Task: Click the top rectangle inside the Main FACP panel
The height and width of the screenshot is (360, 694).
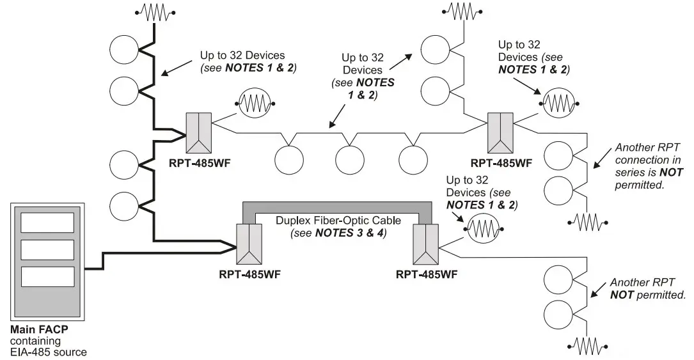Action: click(x=48, y=223)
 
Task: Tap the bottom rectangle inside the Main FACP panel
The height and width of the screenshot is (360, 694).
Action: click(x=48, y=276)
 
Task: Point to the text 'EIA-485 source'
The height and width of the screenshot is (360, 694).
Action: click(x=49, y=351)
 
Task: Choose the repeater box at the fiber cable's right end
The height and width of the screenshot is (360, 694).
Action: click(x=426, y=244)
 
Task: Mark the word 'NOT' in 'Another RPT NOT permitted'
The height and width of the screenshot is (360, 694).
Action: click(x=622, y=295)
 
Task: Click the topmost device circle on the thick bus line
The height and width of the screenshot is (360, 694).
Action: click(x=124, y=49)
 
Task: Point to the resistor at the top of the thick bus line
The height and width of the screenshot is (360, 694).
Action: click(x=154, y=12)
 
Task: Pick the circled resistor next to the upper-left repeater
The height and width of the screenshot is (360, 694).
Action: click(x=255, y=102)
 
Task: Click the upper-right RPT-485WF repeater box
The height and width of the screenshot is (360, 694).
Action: click(x=501, y=131)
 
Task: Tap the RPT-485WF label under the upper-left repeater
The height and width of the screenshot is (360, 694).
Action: click(x=200, y=162)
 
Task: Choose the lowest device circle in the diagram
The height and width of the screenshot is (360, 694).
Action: click(x=558, y=315)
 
